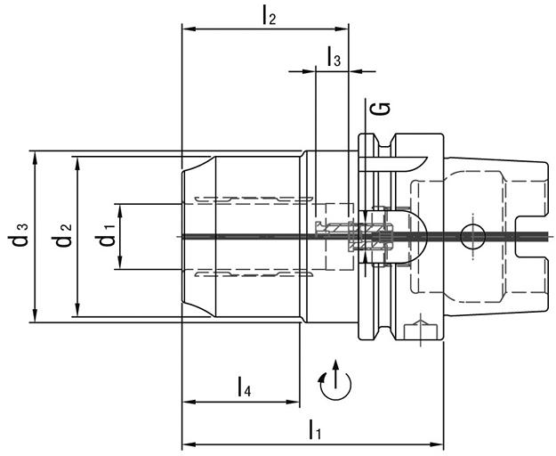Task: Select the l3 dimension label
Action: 334,58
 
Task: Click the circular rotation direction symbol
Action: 334,382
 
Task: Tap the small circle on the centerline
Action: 472,236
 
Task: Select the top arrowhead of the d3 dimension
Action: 35,157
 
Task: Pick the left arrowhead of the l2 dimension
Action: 187,28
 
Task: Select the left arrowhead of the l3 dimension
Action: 320,72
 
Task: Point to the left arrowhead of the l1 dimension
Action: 187,444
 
